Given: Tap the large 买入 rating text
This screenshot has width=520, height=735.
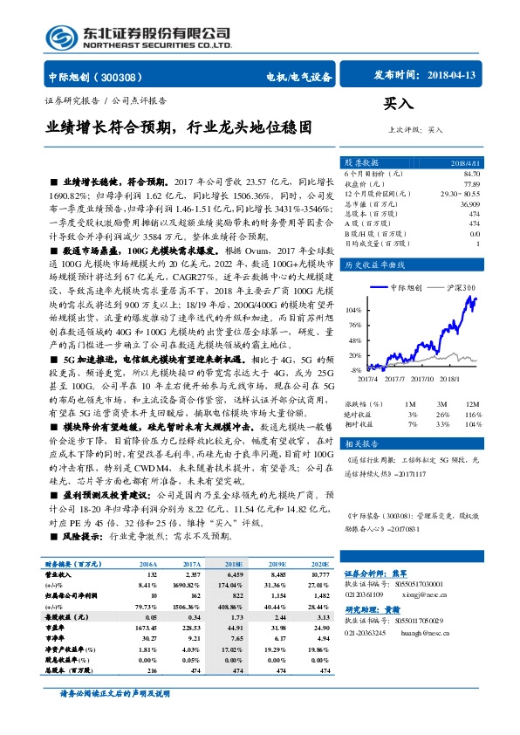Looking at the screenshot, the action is [x=398, y=104].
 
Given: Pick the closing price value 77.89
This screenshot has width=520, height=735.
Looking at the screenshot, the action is [x=471, y=184].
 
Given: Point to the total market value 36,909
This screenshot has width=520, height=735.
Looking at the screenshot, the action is [x=469, y=203].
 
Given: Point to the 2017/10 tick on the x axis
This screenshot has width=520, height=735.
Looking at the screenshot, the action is [x=422, y=379].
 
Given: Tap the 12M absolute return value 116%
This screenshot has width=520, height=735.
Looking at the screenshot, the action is [x=472, y=415].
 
